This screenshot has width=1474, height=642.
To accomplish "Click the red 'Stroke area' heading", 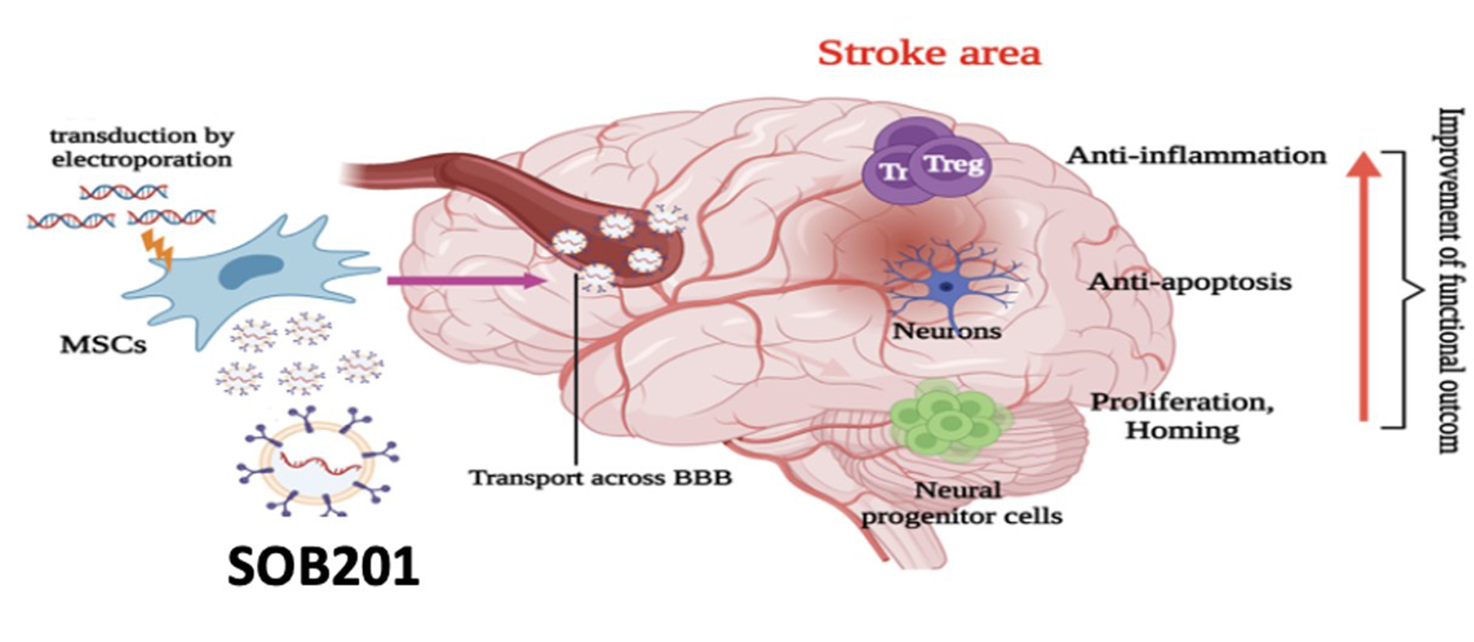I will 929,54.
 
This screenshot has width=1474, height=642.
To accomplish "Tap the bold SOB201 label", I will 323,567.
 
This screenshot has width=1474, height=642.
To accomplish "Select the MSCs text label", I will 103,345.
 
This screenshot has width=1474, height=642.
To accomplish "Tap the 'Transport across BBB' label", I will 600,478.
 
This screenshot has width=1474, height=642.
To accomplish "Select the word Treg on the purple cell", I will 954,164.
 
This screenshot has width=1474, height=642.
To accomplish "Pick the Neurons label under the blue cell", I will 947,331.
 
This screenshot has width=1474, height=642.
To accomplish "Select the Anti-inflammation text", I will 1196,156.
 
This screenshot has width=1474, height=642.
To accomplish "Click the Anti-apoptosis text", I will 1189,282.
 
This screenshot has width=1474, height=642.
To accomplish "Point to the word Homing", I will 1182,430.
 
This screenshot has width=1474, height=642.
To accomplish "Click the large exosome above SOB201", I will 317,460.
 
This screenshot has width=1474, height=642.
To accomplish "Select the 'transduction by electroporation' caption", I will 142,147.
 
